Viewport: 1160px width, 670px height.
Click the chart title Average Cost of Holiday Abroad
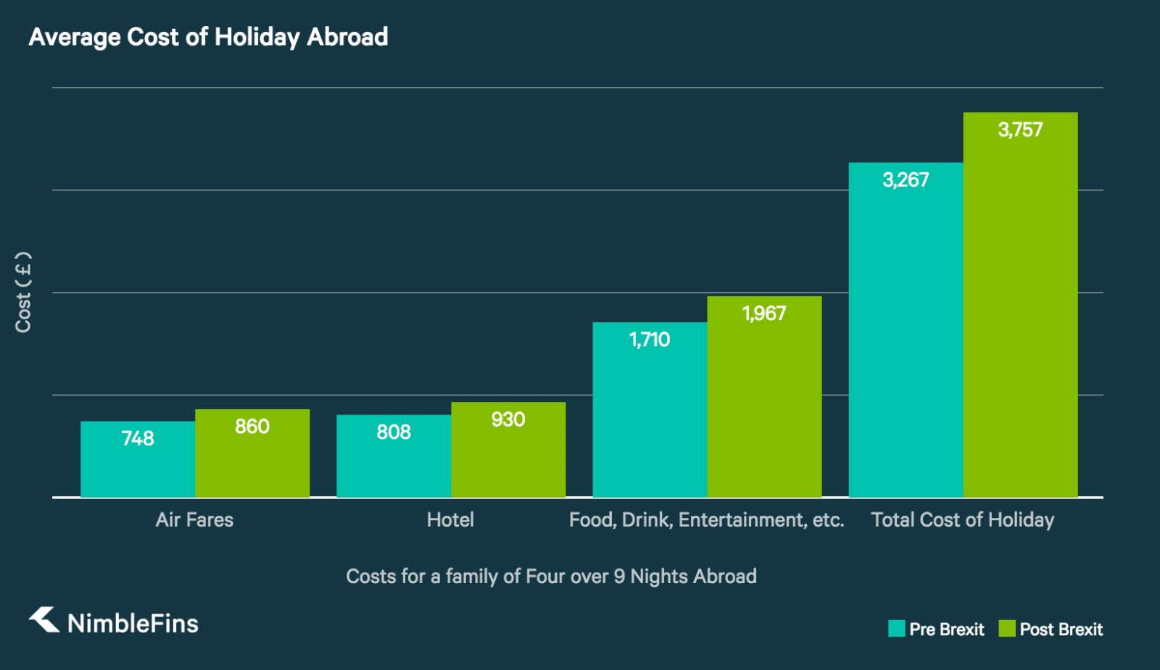[x=208, y=37]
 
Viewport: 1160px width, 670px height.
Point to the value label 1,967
[x=764, y=314]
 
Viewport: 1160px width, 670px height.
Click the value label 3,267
[x=906, y=180]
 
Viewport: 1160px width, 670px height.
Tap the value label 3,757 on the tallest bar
[x=1020, y=130]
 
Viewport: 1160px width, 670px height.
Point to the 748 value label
[x=138, y=438]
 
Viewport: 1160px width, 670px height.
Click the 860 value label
[x=252, y=427]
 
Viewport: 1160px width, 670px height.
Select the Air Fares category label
[x=194, y=519]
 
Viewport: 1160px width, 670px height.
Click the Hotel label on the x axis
[x=450, y=519]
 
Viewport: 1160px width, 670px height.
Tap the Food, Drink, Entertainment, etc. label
[x=706, y=519]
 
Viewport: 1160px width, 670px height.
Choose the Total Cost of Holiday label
[x=963, y=519]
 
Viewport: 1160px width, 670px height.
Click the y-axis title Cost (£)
[x=23, y=292]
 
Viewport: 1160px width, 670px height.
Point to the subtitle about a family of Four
[x=551, y=576]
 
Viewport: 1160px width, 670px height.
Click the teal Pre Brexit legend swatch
[x=897, y=629]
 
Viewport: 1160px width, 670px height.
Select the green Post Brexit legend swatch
[x=1007, y=629]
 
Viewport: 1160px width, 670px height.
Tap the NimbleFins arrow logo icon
[x=44, y=620]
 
